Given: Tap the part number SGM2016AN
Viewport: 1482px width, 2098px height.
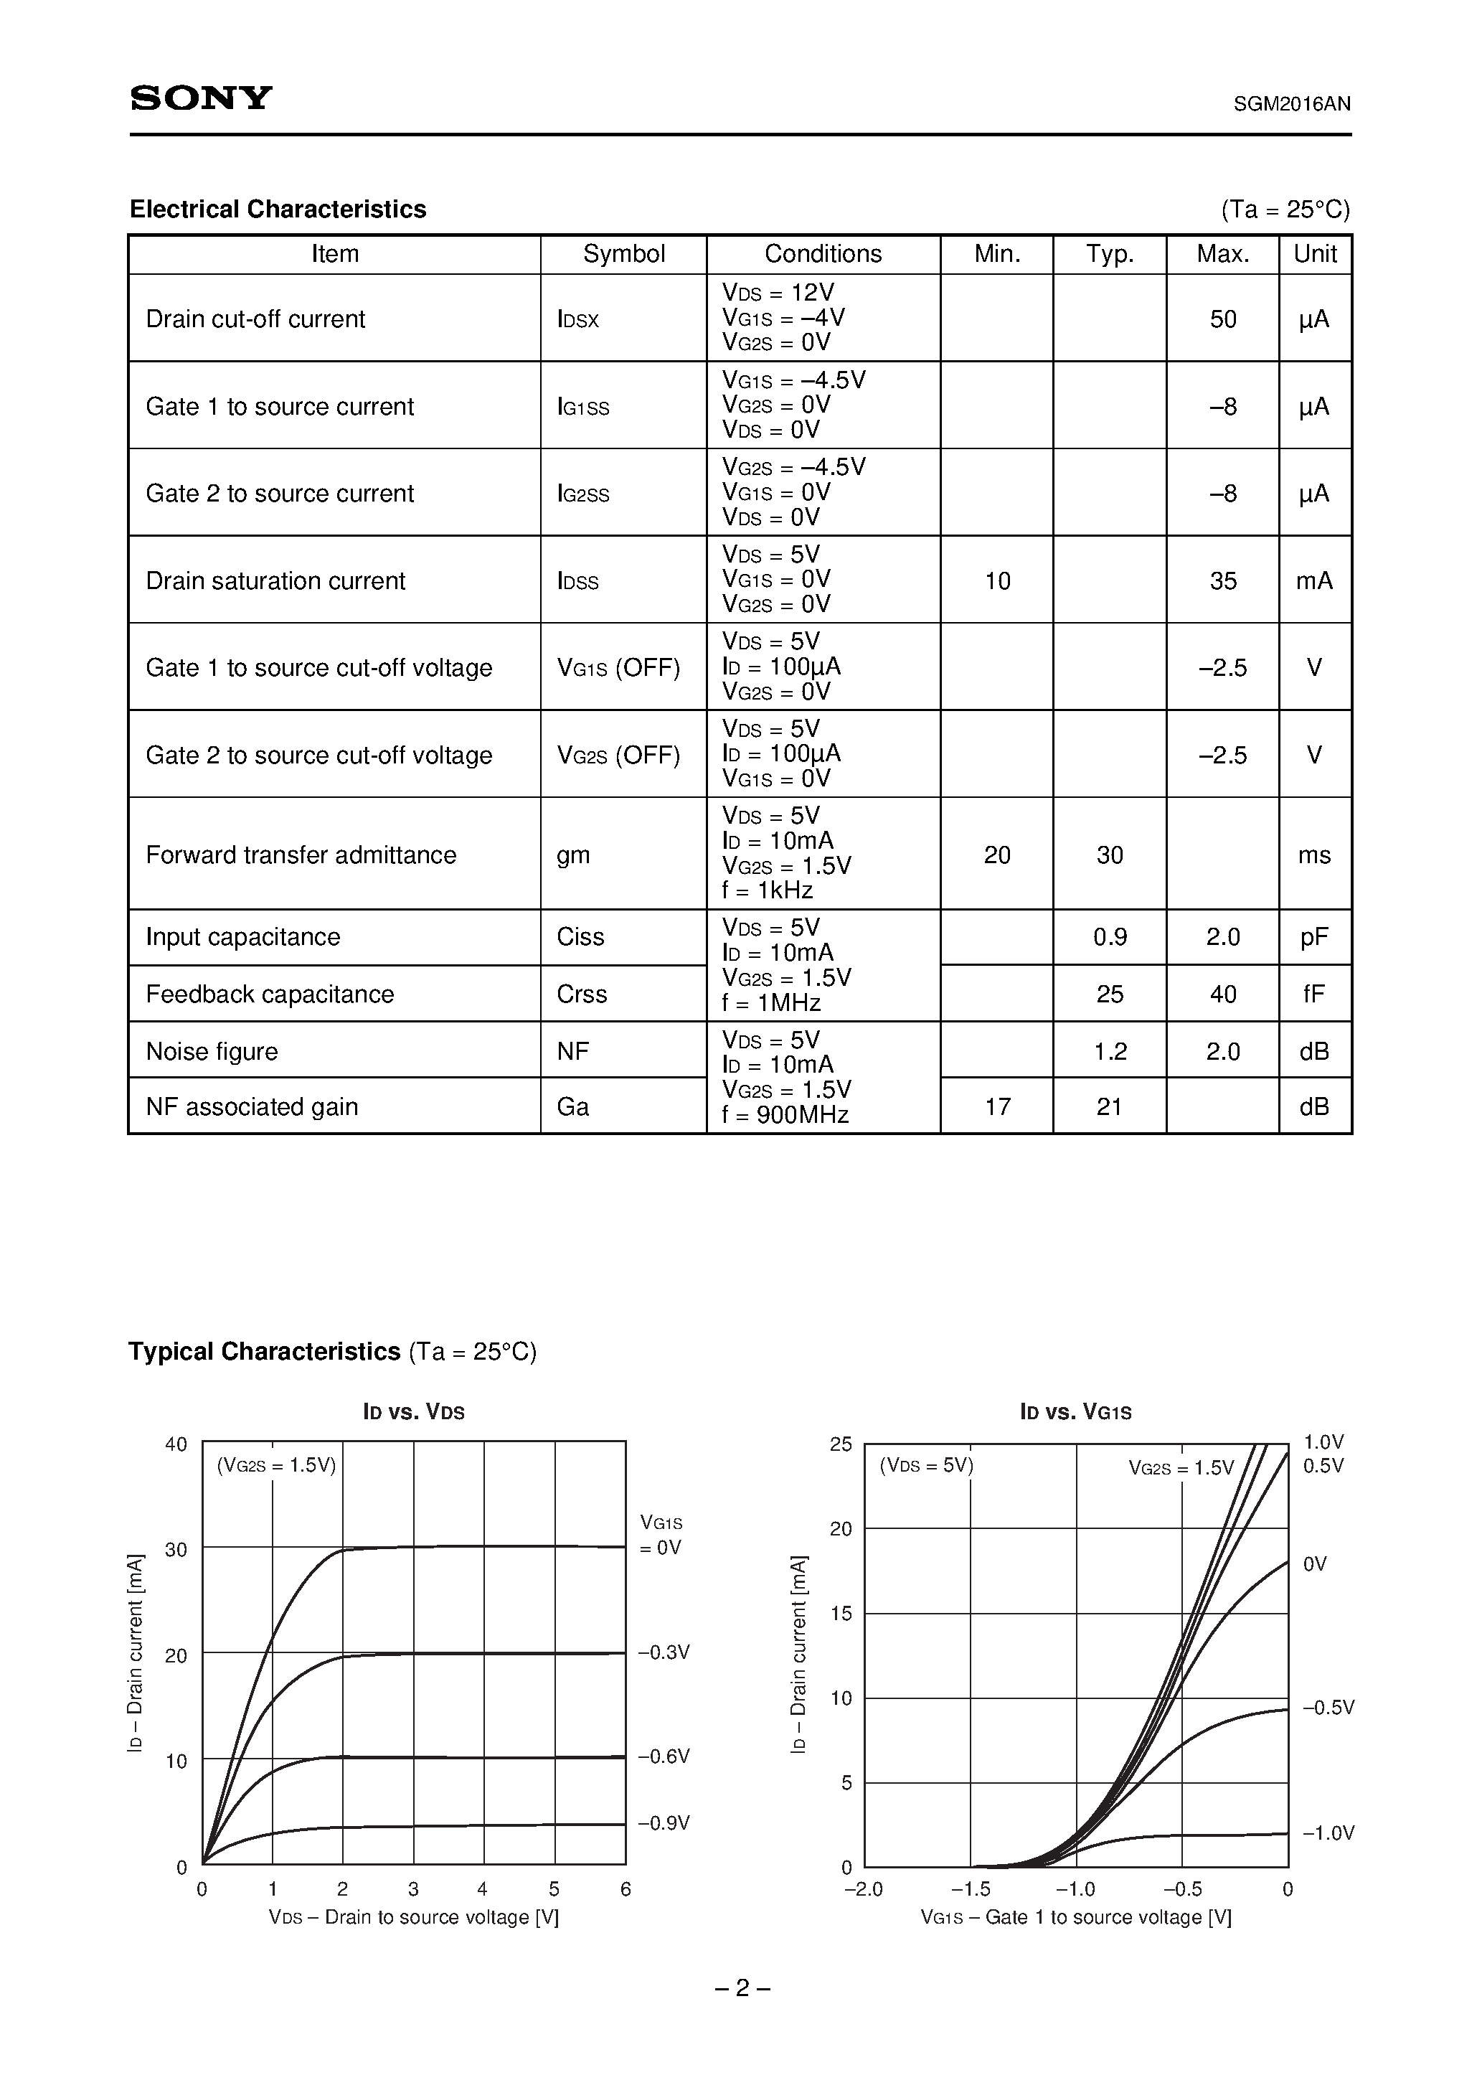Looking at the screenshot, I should click(1291, 104).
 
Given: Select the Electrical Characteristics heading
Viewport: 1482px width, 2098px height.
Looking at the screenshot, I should click(278, 210).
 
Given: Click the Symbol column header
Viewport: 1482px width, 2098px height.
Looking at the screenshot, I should click(623, 254).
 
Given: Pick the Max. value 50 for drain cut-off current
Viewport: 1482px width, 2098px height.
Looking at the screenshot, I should click(1222, 319).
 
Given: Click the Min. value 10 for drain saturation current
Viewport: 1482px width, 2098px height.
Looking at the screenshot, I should click(997, 581).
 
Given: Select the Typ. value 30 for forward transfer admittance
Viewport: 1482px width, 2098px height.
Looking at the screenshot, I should click(1109, 855).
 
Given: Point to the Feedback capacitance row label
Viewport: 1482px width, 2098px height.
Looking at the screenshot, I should click(270, 994).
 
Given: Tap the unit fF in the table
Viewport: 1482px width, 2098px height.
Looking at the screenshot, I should click(1314, 994).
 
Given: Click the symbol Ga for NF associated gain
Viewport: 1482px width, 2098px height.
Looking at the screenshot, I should click(573, 1106).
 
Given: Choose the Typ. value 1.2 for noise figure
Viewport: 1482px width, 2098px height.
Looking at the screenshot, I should click(1109, 1052).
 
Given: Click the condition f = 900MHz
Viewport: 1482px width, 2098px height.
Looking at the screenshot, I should click(785, 1116).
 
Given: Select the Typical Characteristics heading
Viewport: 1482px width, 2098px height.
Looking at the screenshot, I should click(264, 1352).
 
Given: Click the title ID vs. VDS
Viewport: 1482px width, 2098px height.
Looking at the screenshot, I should click(414, 1412).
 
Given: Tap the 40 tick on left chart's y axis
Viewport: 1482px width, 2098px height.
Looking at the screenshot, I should click(176, 1444).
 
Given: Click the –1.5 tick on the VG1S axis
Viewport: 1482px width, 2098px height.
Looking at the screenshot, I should click(971, 1888).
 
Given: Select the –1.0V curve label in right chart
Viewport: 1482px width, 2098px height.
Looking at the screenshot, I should click(1328, 1833).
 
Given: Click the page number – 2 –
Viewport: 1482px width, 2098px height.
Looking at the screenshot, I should click(742, 1988).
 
